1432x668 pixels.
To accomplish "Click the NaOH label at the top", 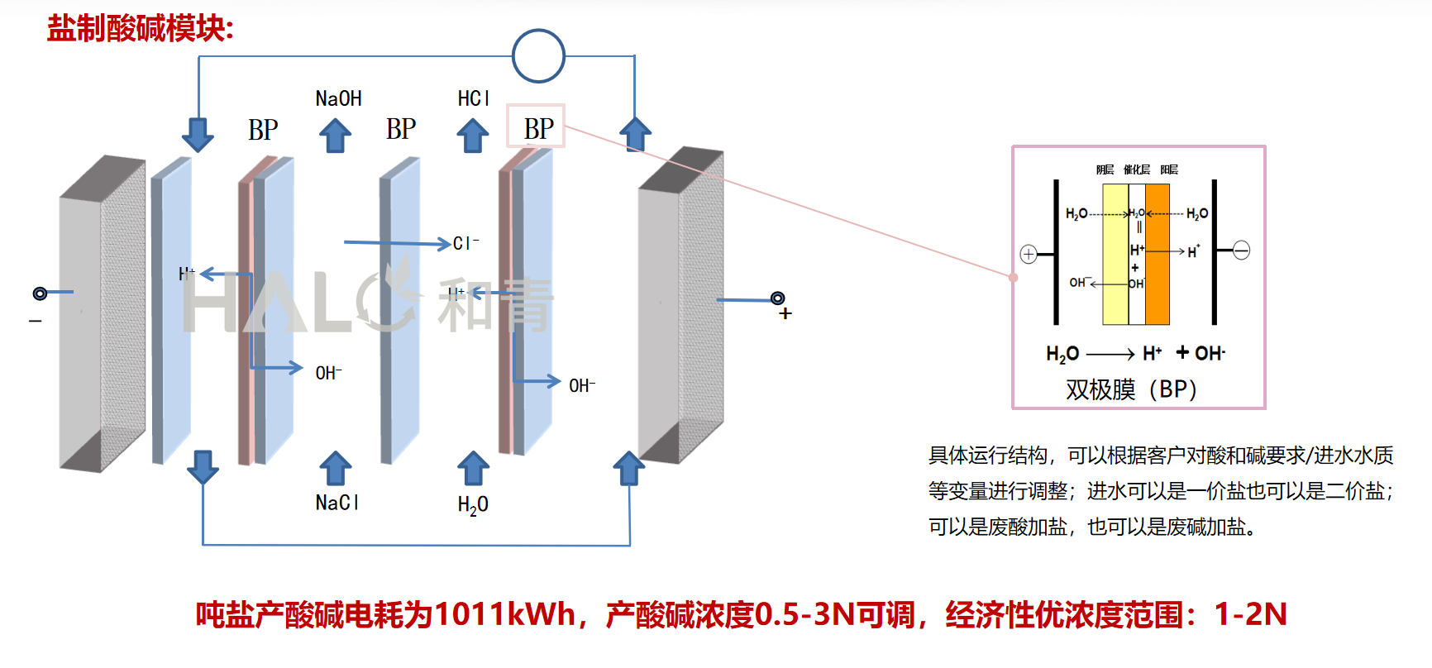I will click(338, 99).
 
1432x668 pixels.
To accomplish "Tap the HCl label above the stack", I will click(474, 99).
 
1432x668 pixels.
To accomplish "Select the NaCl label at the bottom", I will click(337, 503).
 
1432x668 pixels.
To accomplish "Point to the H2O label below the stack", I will click(473, 505).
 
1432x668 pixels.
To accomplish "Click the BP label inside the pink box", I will click(538, 128).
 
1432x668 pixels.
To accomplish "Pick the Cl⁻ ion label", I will click(465, 243).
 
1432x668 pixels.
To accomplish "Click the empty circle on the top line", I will click(538, 56).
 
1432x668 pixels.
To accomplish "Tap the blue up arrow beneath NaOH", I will click(335, 136).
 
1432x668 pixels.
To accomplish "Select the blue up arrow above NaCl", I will click(335, 468).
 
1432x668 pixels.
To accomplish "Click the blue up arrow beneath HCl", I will click(473, 136).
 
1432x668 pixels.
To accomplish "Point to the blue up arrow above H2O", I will click(473, 468).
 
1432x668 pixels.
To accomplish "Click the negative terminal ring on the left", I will click(40, 293).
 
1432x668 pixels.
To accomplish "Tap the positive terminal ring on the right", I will click(777, 298).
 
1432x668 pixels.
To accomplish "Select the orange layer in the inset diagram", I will click(1157, 254).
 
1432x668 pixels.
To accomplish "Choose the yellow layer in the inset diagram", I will click(1115, 254).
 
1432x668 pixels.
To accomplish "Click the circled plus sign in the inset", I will click(1029, 254).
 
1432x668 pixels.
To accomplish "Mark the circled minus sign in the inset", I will click(1241, 250).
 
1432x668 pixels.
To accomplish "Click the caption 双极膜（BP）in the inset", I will click(1131, 389).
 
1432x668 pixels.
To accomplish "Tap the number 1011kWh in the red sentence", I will click(504, 614).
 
